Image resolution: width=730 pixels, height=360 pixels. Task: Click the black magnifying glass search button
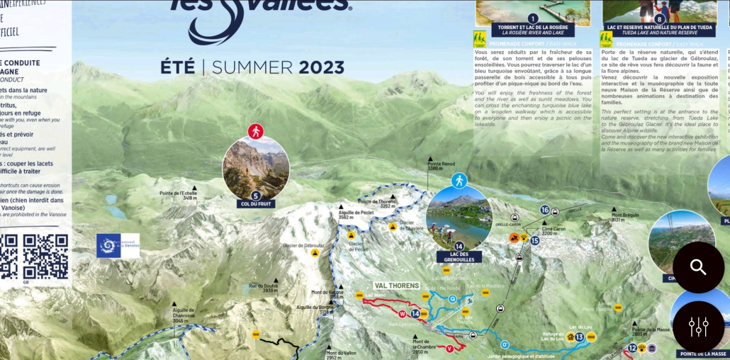click(698, 267)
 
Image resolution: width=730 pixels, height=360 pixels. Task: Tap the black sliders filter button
click(698, 326)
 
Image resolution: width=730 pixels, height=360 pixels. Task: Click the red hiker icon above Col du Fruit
click(256, 131)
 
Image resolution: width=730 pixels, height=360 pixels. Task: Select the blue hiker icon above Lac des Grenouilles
click(459, 180)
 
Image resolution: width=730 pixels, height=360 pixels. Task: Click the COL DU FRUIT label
click(256, 204)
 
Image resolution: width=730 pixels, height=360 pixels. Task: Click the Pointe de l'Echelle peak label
click(179, 196)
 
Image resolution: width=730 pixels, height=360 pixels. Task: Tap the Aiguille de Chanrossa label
click(183, 315)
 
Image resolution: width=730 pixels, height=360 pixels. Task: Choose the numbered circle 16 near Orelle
click(544, 210)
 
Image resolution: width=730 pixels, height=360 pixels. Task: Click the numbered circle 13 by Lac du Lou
click(579, 337)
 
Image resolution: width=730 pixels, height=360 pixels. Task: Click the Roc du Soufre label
click(263, 288)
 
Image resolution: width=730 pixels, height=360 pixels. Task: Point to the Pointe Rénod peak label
click(441, 166)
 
